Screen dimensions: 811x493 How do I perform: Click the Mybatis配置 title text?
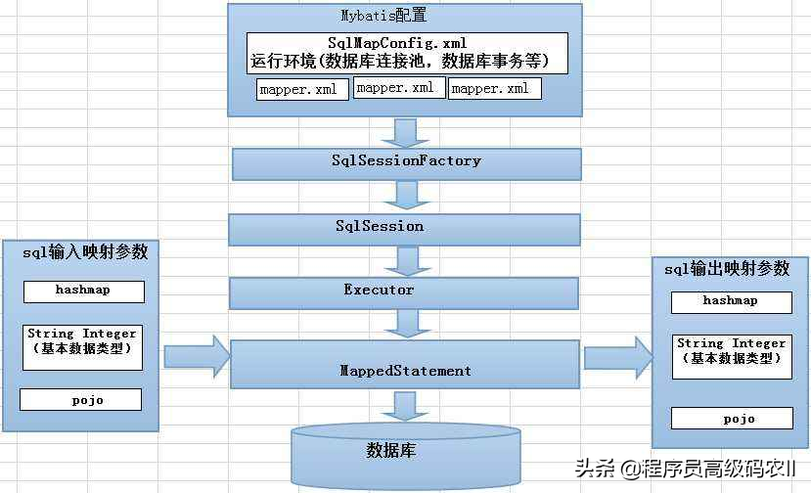pyautogui.click(x=383, y=16)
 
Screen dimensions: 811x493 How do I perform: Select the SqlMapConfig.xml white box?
pyautogui.click(x=407, y=53)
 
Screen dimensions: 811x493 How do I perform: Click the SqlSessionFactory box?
pyautogui.click(x=407, y=164)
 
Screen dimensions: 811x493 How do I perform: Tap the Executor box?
pyautogui.click(x=404, y=293)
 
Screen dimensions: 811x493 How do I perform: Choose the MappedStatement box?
pyautogui.click(x=404, y=364)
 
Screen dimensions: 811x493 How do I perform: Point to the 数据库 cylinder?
pyautogui.click(x=405, y=456)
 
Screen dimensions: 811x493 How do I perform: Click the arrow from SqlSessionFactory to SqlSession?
pyautogui.click(x=407, y=195)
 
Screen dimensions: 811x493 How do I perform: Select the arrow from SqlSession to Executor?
pyautogui.click(x=408, y=261)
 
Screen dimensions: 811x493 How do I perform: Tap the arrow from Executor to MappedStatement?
pyautogui.click(x=408, y=324)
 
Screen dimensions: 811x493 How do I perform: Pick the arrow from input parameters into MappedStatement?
pyautogui.click(x=197, y=356)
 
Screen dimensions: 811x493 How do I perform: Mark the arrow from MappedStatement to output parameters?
pyautogui.click(x=618, y=357)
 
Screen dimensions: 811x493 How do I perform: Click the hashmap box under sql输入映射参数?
pyautogui.click(x=84, y=291)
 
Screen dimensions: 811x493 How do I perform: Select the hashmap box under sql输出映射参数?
pyautogui.click(x=732, y=302)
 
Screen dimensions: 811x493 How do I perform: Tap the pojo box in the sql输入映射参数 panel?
pyautogui.click(x=80, y=399)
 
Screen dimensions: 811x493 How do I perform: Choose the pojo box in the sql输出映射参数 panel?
pyautogui.click(x=732, y=418)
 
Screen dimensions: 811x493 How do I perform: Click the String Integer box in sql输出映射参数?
pyautogui.click(x=732, y=357)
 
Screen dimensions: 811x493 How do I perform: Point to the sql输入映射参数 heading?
pyautogui.click(x=85, y=252)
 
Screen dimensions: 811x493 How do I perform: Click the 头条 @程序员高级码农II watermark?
pyautogui.click(x=685, y=469)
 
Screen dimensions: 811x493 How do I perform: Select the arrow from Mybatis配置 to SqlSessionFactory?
pyautogui.click(x=405, y=133)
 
